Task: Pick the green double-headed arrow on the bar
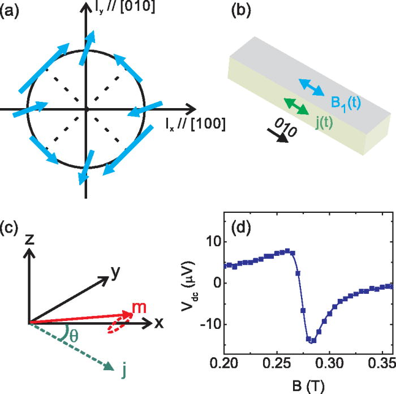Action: coord(296,107)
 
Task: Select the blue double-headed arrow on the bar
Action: coord(312,87)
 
